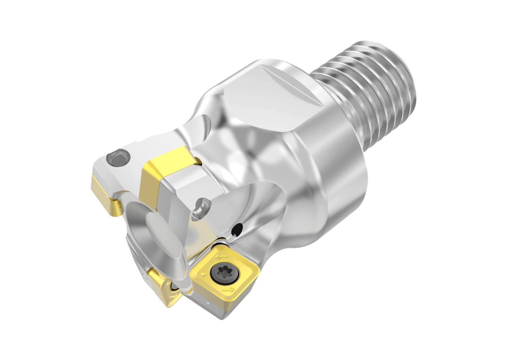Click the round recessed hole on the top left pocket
pyautogui.click(x=118, y=156)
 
